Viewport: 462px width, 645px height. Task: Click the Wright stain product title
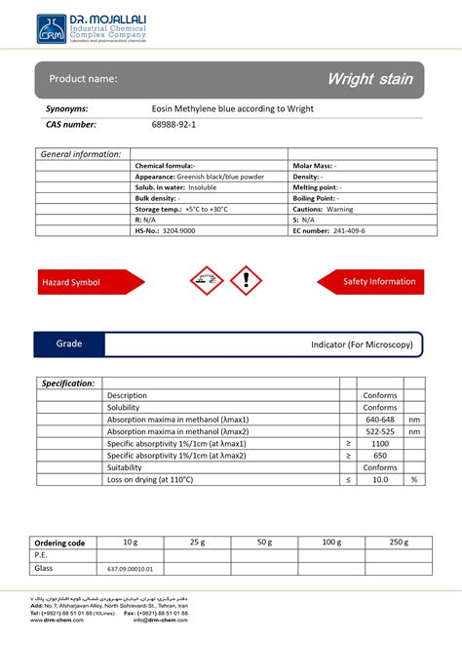point(368,78)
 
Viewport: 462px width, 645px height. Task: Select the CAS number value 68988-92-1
point(173,125)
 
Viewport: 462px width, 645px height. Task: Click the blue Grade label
point(69,344)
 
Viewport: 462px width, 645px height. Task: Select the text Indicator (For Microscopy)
point(362,345)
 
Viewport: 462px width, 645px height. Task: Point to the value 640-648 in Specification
point(380,419)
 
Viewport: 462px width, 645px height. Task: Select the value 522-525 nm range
point(380,430)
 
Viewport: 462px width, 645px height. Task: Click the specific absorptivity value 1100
point(380,443)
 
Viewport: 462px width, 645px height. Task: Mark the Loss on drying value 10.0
point(380,479)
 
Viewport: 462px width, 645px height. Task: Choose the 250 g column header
point(398,542)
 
